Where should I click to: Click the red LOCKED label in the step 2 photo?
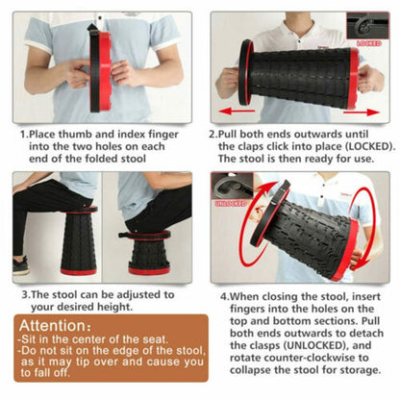click(369, 44)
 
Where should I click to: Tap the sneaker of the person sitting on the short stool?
click(21, 266)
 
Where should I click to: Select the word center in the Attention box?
click(92, 341)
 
